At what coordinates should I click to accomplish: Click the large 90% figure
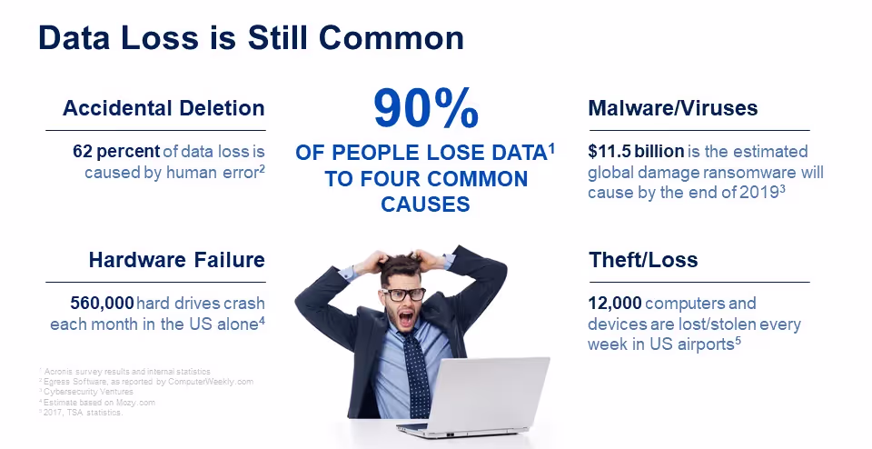click(x=425, y=110)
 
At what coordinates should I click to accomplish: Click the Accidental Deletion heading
click(x=163, y=109)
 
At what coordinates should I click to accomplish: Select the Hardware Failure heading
click(x=176, y=260)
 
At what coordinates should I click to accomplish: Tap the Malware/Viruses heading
click(x=673, y=109)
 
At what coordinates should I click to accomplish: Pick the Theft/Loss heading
click(x=643, y=260)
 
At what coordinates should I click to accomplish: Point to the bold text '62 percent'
click(x=115, y=152)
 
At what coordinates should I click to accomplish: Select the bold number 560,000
click(x=102, y=303)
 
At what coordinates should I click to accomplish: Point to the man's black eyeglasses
click(x=404, y=294)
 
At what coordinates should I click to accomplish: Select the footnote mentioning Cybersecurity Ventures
click(x=86, y=392)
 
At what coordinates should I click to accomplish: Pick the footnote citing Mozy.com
click(x=85, y=402)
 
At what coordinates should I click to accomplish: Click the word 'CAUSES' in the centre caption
click(x=425, y=205)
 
